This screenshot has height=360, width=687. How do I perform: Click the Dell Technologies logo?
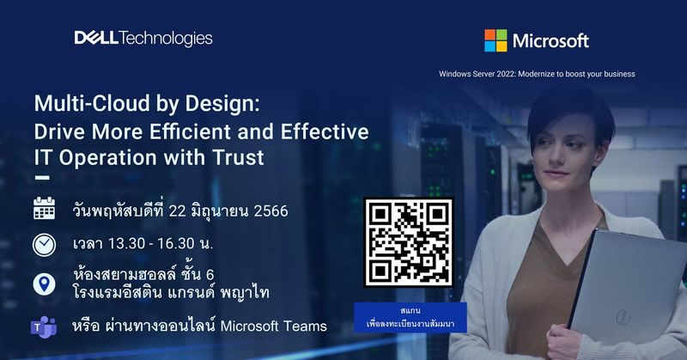pyautogui.click(x=143, y=38)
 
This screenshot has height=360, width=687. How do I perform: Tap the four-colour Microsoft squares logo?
pyautogui.click(x=495, y=40)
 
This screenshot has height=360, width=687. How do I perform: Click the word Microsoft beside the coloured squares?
pyautogui.click(x=550, y=40)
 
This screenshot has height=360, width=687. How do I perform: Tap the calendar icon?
pyautogui.click(x=45, y=210)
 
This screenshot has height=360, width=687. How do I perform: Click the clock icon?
pyautogui.click(x=45, y=244)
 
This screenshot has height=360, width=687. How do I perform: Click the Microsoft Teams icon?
pyautogui.click(x=44, y=326)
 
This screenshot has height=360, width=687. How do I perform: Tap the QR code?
pyautogui.click(x=409, y=243)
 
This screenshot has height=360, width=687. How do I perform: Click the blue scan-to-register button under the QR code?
pyautogui.click(x=409, y=314)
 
